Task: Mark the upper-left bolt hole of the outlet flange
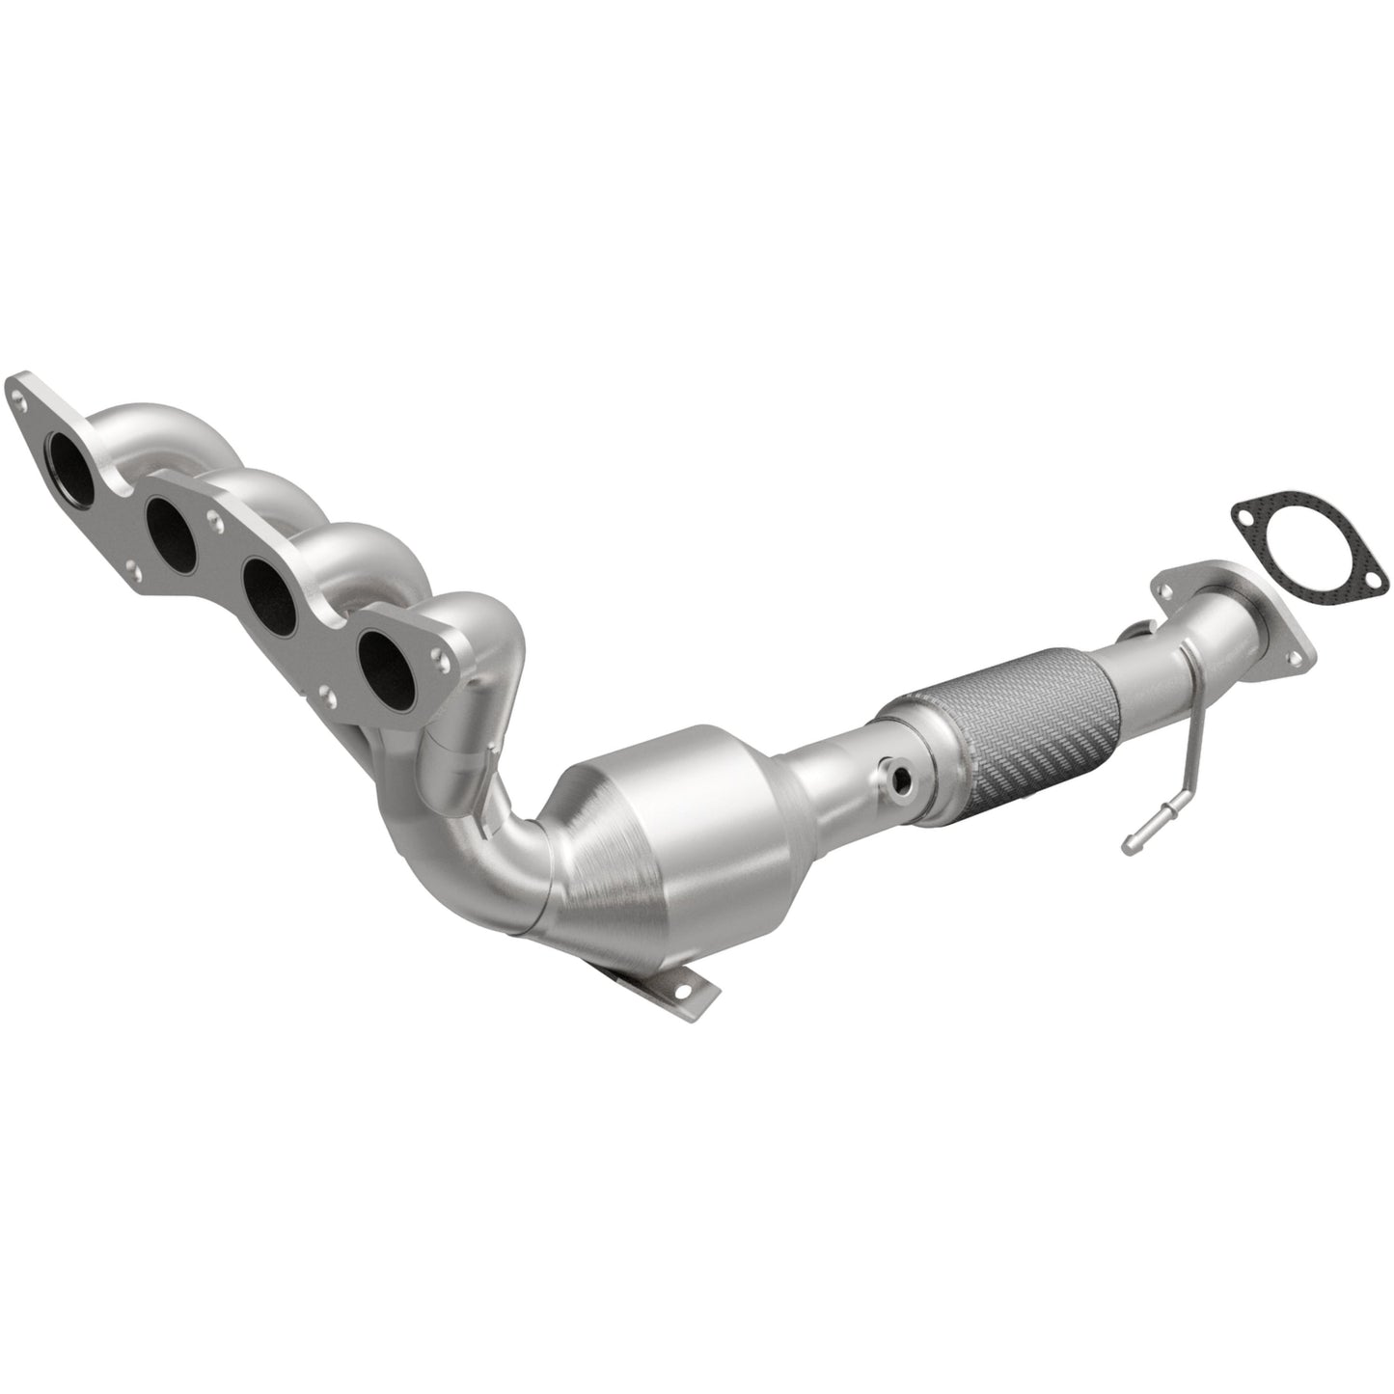pyautogui.click(x=1170, y=590)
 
